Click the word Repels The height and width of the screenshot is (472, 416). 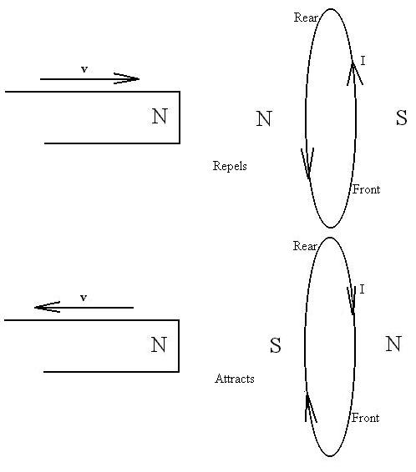pos(230,166)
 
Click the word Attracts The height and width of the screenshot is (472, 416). pos(235,379)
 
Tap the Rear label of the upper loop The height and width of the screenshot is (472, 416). pos(306,18)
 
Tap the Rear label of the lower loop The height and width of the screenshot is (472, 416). pos(305,246)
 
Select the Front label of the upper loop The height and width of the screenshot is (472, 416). pos(367,189)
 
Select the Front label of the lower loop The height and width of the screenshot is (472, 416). pos(366,418)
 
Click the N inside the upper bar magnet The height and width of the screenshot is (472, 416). pos(160,116)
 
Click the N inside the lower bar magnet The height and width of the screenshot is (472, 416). pos(159,344)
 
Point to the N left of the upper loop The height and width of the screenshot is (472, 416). pos(264,118)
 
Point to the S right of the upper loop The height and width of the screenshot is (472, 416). pos(401,118)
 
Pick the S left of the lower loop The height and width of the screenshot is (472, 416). pos(275,345)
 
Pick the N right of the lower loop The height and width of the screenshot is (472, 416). pos(393,344)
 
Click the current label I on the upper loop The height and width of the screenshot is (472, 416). pos(363,61)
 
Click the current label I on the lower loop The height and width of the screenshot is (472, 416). pos(362,289)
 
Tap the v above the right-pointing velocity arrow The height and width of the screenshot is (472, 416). pos(84,69)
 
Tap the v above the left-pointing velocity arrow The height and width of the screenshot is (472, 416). pos(84,298)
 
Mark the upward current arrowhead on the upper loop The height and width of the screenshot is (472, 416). pos(354,73)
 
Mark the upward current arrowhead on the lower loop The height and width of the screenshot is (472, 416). pos(311,406)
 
